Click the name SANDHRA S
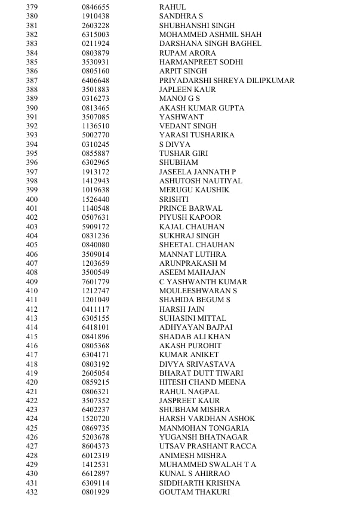(x=181, y=16)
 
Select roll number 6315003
(x=96, y=35)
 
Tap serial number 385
(x=32, y=62)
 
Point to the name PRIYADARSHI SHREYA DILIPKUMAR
(x=226, y=81)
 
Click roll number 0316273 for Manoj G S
(x=96, y=99)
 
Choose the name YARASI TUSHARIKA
(x=196, y=135)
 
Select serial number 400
(x=32, y=199)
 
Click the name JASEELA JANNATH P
(x=197, y=172)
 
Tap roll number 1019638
(x=96, y=190)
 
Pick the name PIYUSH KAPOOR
(x=190, y=217)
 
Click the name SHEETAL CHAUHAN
(x=196, y=245)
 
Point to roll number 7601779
(x=96, y=282)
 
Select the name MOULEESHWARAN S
(x=198, y=291)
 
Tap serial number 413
(x=32, y=318)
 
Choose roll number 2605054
(x=96, y=373)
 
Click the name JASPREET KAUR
(x=189, y=401)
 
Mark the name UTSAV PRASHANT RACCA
(x=208, y=446)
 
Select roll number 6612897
(x=96, y=474)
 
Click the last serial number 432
(x=32, y=492)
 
